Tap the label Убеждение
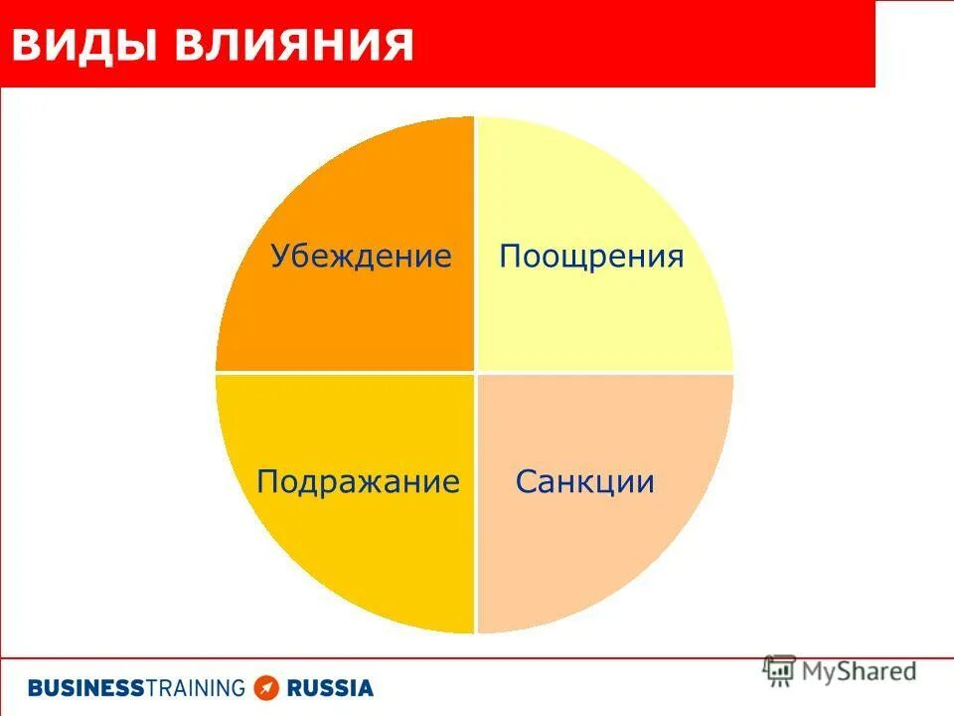pyautogui.click(x=361, y=257)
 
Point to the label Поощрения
pyautogui.click(x=591, y=257)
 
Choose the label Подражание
pyautogui.click(x=358, y=482)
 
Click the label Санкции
pyautogui.click(x=585, y=482)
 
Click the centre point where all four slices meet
pyautogui.click(x=475, y=374)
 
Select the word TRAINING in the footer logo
pyautogui.click(x=195, y=687)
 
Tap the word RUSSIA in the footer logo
pyautogui.click(x=330, y=687)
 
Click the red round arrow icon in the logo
pyautogui.click(x=265, y=687)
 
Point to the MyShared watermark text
pyautogui.click(x=859, y=671)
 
